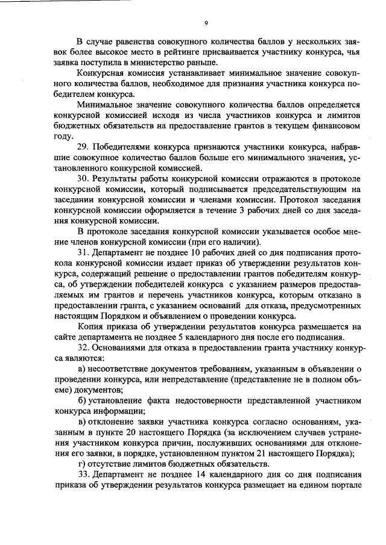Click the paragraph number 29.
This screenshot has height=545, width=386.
pyautogui.click(x=84, y=148)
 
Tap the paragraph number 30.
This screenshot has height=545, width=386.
pyautogui.click(x=84, y=179)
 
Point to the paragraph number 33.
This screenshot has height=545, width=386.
pyautogui.click(x=84, y=475)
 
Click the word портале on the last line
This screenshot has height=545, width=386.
pyautogui.click(x=343, y=485)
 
